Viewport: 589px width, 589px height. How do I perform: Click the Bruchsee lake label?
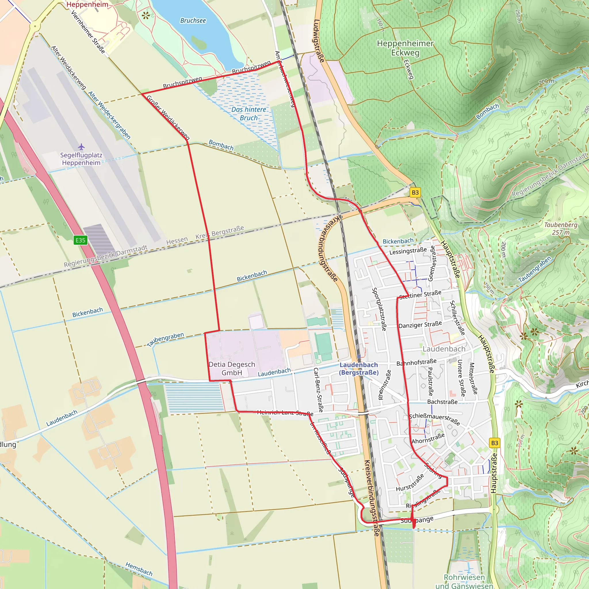(193, 21)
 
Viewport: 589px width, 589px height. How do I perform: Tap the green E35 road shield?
(80, 240)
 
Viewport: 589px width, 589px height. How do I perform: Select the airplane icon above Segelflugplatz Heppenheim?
(81, 147)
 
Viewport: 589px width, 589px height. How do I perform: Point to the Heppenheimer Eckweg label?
(405, 48)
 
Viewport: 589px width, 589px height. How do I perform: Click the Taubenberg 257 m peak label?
(561, 228)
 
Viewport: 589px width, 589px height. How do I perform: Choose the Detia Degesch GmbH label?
(232, 368)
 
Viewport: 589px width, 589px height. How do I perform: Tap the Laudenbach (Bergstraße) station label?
(359, 369)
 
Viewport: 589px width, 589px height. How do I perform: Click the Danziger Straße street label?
(420, 325)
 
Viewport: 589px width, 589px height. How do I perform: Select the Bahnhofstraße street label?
(416, 362)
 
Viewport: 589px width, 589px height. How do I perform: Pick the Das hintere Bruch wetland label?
(249, 113)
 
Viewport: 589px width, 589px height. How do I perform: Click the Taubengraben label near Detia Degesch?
(165, 339)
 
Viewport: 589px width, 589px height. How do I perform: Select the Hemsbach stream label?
(139, 569)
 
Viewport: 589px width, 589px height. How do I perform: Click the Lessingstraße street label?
(408, 251)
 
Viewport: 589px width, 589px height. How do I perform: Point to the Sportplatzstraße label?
(379, 309)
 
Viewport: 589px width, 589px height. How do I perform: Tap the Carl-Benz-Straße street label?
(318, 390)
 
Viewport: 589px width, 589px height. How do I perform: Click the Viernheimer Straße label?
(88, 32)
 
